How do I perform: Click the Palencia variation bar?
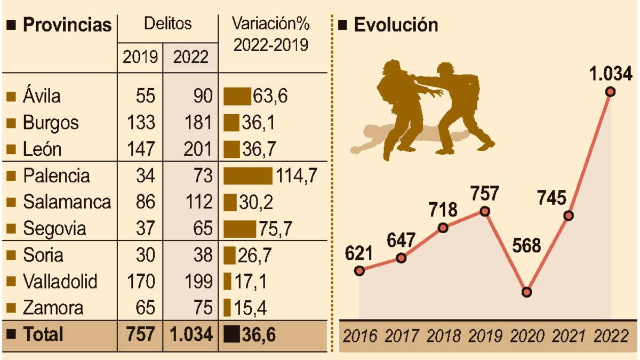point(247,176)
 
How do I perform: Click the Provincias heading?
point(67,25)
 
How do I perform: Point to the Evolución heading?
point(395,25)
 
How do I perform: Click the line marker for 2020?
point(527,292)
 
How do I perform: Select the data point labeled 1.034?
point(611,92)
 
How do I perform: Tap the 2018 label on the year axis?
point(444,336)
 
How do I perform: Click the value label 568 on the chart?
point(527,246)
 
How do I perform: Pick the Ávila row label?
point(42,97)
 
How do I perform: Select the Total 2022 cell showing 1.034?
point(191,334)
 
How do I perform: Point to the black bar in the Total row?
point(231,335)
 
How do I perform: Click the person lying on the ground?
point(384,137)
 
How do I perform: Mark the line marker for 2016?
point(359,270)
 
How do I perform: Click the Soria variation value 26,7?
point(255,255)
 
